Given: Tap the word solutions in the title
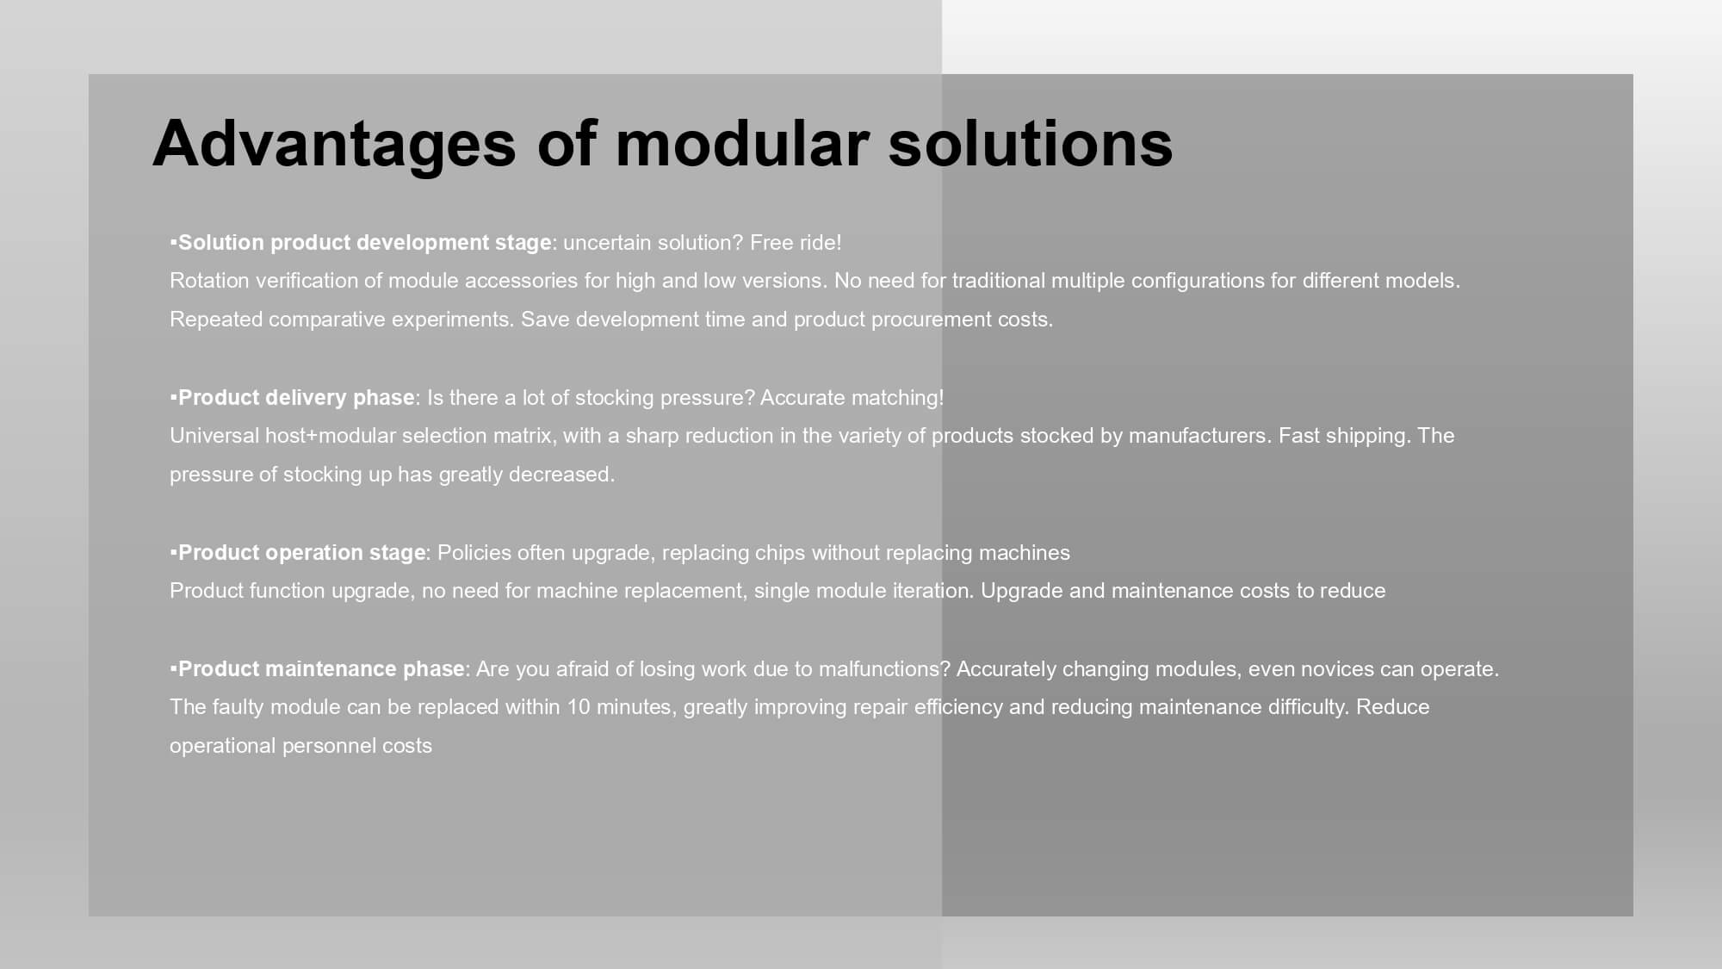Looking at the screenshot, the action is [1030, 142].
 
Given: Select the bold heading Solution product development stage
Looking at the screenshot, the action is [364, 243].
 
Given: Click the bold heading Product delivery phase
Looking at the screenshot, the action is [296, 398].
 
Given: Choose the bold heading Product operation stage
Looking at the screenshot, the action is [301, 553].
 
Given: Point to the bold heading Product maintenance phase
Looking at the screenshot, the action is [321, 669].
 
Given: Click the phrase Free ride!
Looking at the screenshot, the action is [796, 243].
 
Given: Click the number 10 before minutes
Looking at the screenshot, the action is [579, 707].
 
